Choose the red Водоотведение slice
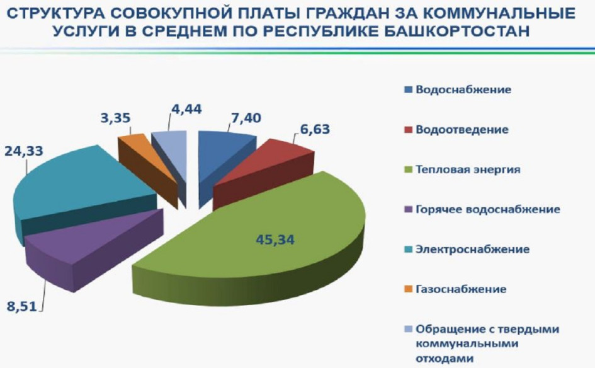[x=266, y=171]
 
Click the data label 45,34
[x=275, y=240]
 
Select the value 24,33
[x=23, y=151]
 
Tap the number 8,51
[x=22, y=306]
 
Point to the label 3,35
[x=115, y=118]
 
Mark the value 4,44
[x=186, y=109]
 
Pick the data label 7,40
[x=246, y=118]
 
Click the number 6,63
[x=315, y=129]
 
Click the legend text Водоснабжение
[x=463, y=89]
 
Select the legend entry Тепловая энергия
[x=468, y=170]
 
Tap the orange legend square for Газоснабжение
[x=408, y=289]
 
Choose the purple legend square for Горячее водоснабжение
[x=408, y=209]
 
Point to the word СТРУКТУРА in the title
[x=57, y=13]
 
